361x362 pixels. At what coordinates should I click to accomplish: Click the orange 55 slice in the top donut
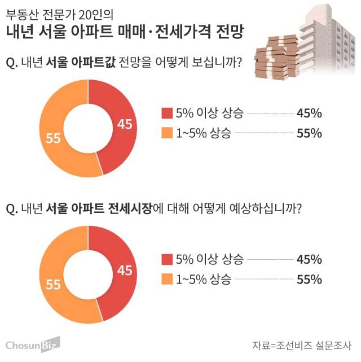[54, 138]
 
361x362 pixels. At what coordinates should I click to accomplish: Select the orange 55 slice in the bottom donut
[54, 285]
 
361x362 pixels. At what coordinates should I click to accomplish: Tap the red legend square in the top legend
[166, 114]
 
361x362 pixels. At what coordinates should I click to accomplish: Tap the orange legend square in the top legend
[166, 133]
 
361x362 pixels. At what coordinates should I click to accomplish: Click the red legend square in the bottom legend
[166, 260]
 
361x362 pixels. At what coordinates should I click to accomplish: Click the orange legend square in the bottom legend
[166, 280]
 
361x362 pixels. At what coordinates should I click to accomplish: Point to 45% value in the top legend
[309, 114]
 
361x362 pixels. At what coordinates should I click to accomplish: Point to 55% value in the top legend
[309, 133]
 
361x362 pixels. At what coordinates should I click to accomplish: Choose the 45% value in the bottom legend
[309, 260]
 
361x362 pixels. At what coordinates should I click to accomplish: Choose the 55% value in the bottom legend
[309, 280]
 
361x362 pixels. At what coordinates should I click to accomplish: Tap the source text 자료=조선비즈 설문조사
[301, 344]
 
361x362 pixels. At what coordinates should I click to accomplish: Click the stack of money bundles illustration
[276, 56]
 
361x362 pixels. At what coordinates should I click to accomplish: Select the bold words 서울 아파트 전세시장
[99, 208]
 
